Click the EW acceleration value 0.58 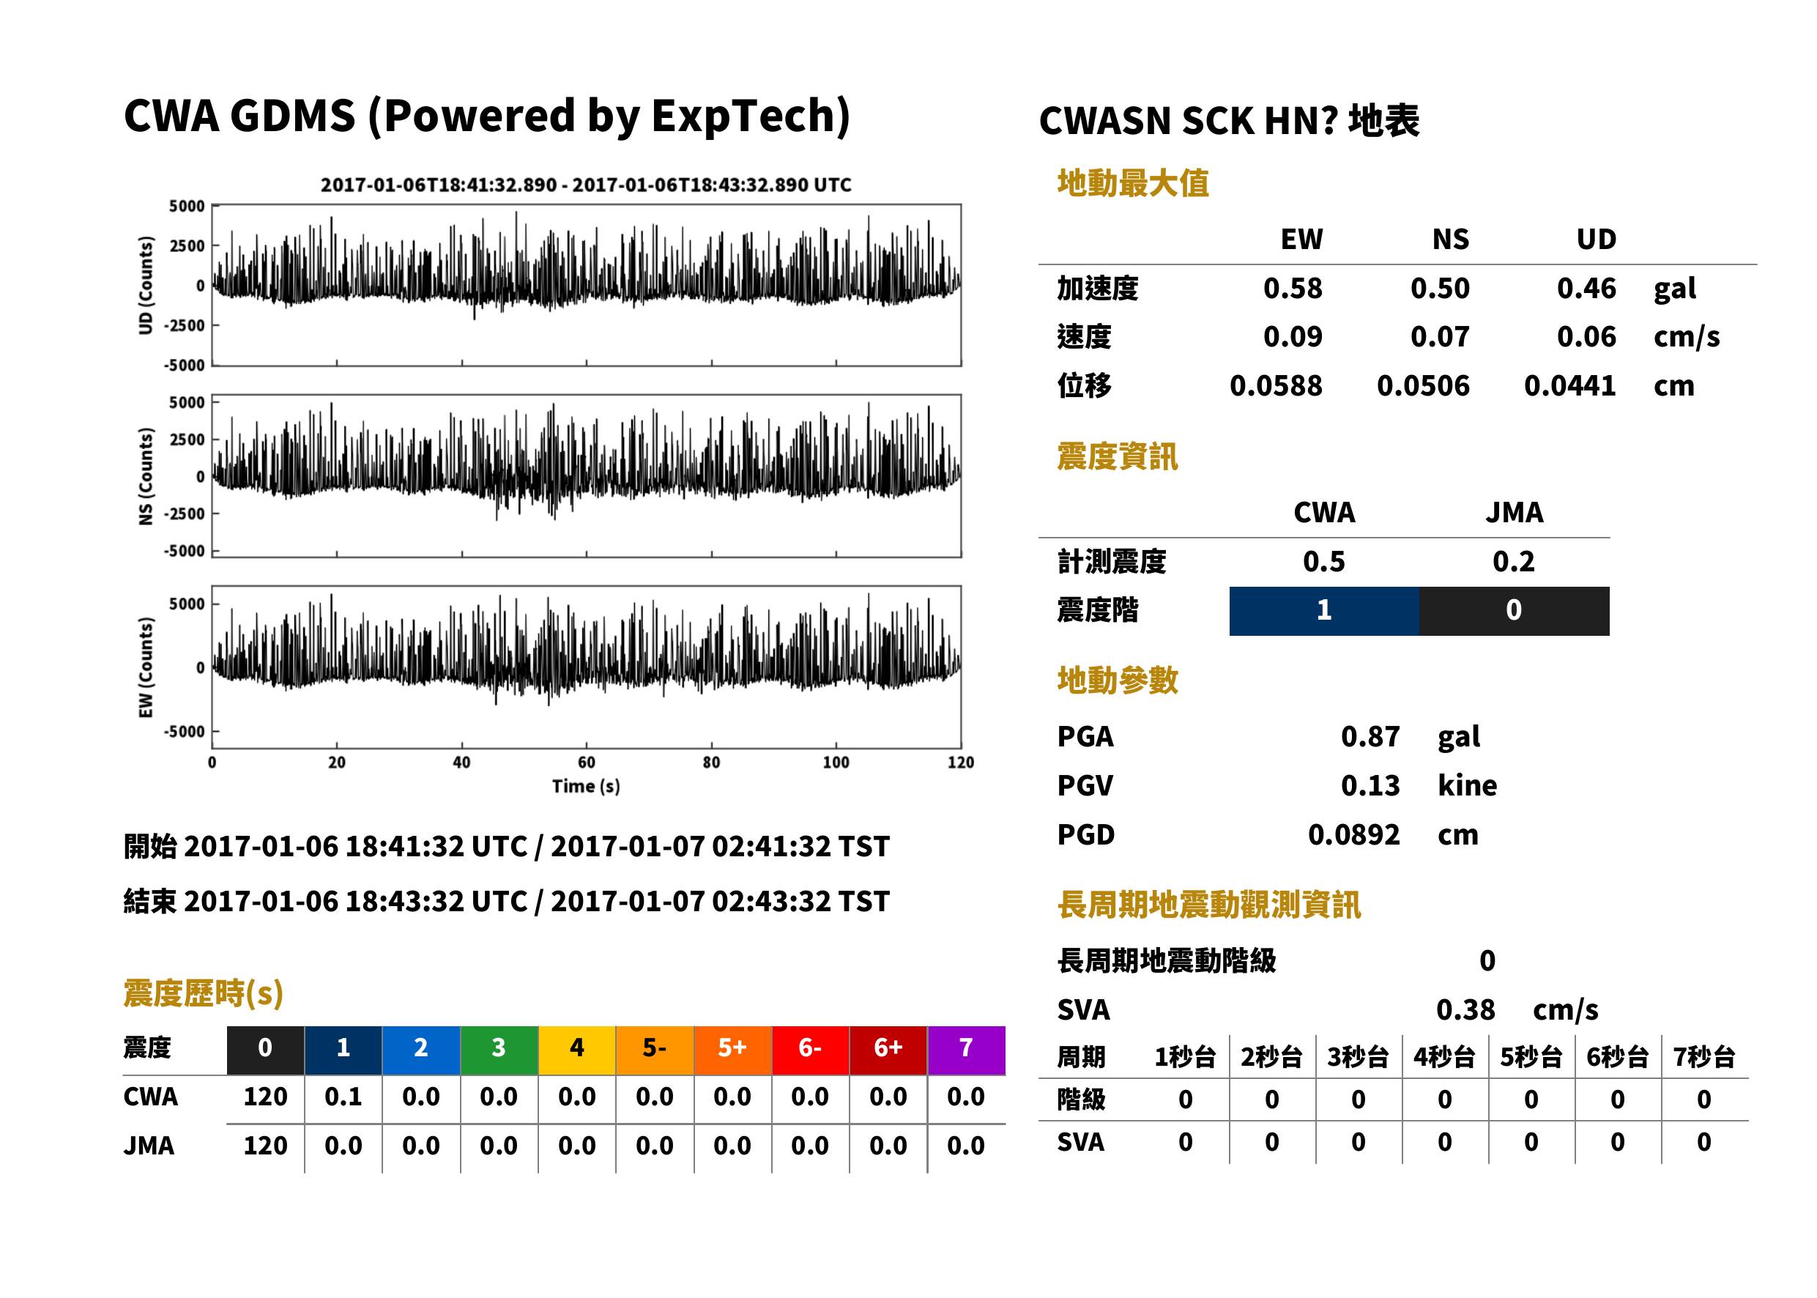(1292, 289)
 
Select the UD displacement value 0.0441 (1569, 386)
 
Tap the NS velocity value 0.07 (1439, 337)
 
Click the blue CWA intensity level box (1324, 612)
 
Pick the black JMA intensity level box (1515, 612)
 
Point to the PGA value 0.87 (1370, 737)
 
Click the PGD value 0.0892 (1353, 835)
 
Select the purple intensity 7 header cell (966, 1050)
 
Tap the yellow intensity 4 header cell (577, 1050)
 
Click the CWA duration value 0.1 (343, 1097)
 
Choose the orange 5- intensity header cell (655, 1050)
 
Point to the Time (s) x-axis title (586, 787)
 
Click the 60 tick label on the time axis (586, 763)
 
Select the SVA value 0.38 (1465, 1010)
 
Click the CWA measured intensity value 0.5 (1324, 562)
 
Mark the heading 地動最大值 (1133, 184)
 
